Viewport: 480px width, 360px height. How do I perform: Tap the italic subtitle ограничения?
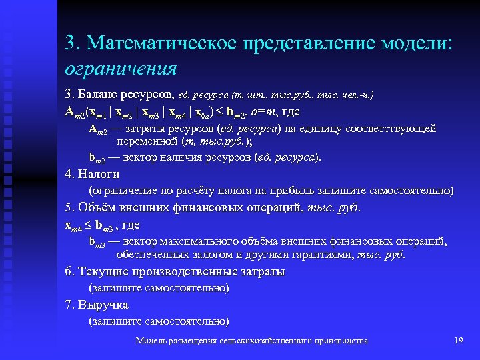coord(121,68)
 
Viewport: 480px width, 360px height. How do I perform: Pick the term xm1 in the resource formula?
coord(103,111)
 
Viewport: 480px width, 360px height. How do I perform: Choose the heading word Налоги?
coord(99,174)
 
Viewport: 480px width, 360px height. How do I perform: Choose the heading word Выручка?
coord(103,305)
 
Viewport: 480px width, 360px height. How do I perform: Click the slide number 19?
coord(457,341)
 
